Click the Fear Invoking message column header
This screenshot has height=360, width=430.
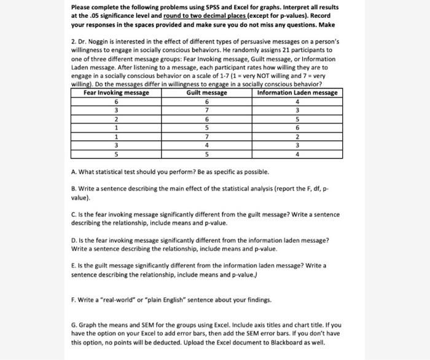click(x=117, y=93)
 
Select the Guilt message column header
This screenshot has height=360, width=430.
click(x=207, y=93)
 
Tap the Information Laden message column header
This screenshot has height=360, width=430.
click(x=297, y=93)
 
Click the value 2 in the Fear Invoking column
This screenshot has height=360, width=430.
click(x=117, y=119)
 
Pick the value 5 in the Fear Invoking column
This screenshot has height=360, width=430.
click(x=117, y=154)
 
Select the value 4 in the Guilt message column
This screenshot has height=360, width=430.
click(x=207, y=145)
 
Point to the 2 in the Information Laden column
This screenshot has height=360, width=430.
click(x=297, y=136)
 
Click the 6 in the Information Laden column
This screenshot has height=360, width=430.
click(x=297, y=127)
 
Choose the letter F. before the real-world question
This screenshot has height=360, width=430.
click(x=74, y=301)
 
